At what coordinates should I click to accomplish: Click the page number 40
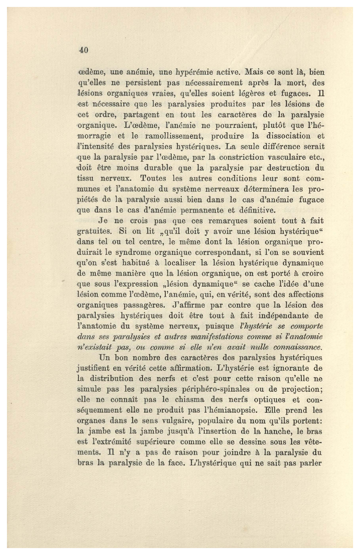pyautogui.click(x=83, y=50)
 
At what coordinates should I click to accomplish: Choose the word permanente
pyautogui.click(x=193, y=210)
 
